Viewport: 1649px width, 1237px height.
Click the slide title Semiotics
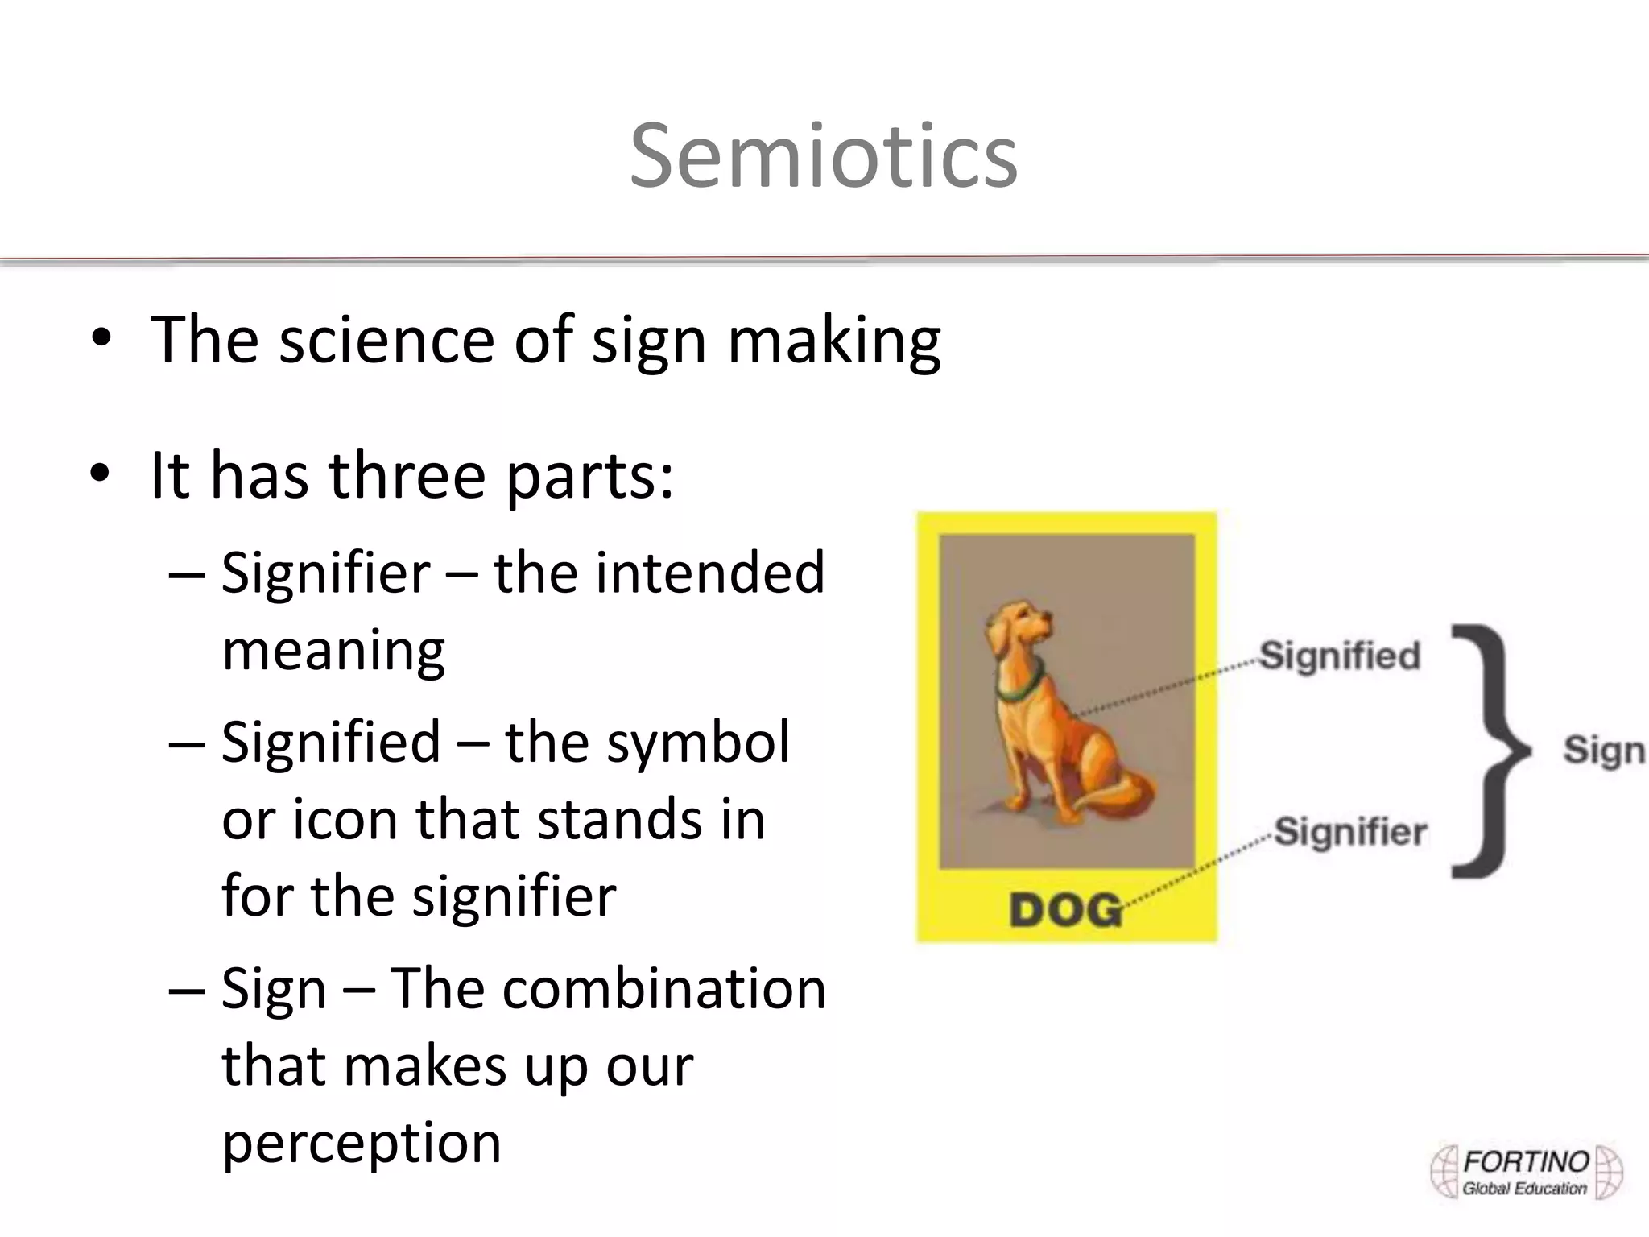click(823, 156)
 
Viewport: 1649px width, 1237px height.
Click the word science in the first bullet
click(386, 340)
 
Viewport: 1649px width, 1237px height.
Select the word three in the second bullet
click(407, 475)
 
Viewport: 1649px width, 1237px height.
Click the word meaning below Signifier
click(333, 651)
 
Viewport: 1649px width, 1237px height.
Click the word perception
click(362, 1143)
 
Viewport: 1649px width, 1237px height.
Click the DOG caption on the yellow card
click(1064, 910)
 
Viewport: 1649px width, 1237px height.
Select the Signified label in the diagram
click(1339, 656)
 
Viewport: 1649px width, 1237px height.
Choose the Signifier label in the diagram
click(1350, 831)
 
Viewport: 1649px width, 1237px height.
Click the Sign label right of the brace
click(1602, 750)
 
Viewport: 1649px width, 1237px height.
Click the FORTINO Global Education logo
click(1525, 1173)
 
